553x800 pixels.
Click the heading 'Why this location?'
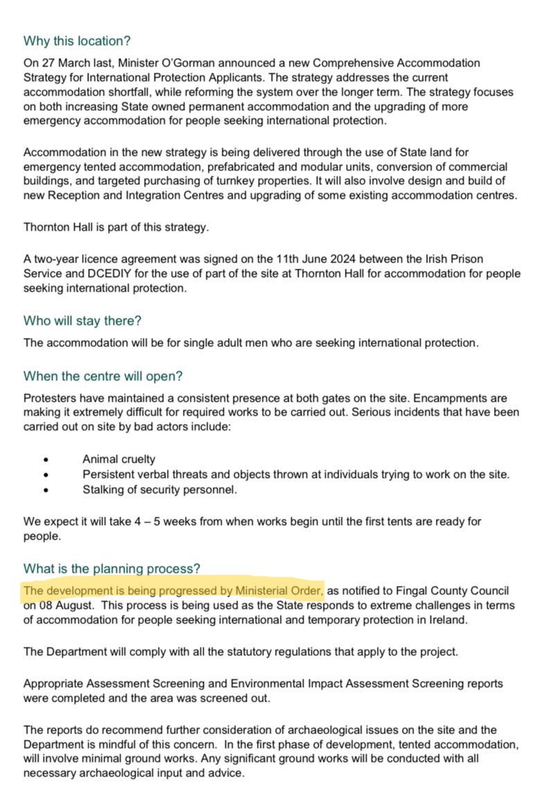(x=77, y=41)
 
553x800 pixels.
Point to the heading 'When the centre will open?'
(x=103, y=376)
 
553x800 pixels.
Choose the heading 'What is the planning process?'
(x=112, y=569)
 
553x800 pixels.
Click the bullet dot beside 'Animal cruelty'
(x=46, y=459)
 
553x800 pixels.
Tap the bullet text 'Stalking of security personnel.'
(x=159, y=490)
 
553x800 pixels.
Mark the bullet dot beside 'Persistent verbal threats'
(x=46, y=474)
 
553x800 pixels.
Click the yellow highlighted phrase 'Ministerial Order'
(x=279, y=591)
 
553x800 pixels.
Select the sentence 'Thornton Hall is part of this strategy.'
(x=116, y=226)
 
